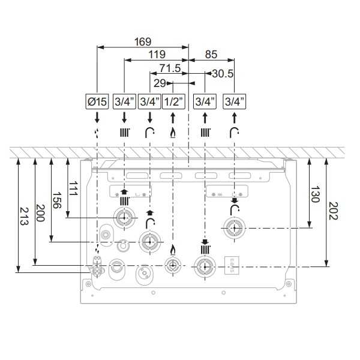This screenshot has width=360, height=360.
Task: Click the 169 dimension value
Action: pos(143,42)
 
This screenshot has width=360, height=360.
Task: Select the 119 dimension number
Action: pos(157,55)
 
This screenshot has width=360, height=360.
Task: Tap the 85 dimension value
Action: pos(211,55)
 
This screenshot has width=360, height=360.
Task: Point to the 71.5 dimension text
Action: pos(170,68)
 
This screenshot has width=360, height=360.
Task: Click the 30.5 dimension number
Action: pos(223,74)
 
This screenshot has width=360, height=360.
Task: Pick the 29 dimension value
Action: pos(160,83)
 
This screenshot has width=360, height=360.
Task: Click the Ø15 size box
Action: pos(97,101)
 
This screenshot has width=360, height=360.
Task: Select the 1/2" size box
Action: pos(173,101)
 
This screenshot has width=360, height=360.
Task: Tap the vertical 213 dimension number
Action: pos(24,216)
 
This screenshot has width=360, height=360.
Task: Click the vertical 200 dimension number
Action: pos(40,213)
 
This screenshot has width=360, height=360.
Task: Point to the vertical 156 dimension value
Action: pos(57,200)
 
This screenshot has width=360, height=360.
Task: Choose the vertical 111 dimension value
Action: pos(73,188)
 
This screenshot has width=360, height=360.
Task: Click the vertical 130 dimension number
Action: pos(315,194)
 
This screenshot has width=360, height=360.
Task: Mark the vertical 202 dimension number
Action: pos(333,211)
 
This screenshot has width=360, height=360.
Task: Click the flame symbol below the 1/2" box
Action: pos(173,133)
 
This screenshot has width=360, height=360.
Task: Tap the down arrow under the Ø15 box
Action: pos(97,118)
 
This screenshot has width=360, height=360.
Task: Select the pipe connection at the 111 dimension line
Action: pos(124,218)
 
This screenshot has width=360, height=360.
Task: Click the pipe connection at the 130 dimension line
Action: pos(234,228)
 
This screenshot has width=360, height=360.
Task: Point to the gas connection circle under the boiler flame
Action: pos(173,266)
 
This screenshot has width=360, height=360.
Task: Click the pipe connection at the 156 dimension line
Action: pos(150,242)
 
